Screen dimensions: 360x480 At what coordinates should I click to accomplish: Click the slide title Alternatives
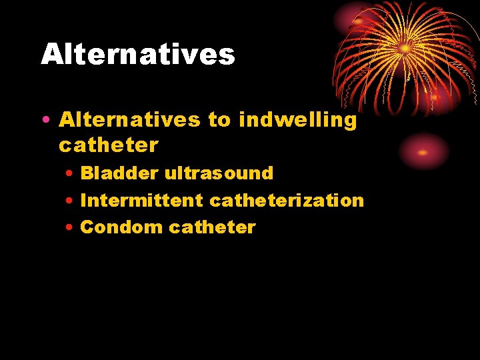tap(138, 54)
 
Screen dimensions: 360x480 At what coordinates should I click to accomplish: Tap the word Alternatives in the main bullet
tap(129, 120)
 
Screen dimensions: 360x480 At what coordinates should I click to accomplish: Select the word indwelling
tap(297, 120)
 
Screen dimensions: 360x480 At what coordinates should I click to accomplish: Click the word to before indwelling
tap(219, 120)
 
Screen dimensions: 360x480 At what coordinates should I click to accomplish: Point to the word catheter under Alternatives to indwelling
tap(109, 145)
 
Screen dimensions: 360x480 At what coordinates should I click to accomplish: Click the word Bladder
tap(119, 173)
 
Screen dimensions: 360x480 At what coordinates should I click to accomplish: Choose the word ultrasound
tap(219, 173)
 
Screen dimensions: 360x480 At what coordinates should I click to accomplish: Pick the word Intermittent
tap(141, 200)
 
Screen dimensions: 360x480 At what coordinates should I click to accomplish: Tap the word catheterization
tap(287, 200)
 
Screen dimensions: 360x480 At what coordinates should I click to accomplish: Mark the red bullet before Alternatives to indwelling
tap(44, 121)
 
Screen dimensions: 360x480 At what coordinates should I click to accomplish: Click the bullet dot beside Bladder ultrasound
tap(70, 174)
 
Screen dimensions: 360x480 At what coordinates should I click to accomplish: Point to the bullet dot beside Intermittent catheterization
tap(70, 201)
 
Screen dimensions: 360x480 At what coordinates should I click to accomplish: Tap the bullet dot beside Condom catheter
tap(70, 228)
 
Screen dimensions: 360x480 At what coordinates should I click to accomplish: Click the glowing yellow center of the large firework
tap(405, 48)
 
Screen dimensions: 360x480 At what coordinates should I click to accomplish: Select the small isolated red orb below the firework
tap(423, 151)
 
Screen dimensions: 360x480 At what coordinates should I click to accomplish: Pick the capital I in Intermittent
tap(83, 200)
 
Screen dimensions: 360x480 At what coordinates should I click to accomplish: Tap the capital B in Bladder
tap(87, 173)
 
